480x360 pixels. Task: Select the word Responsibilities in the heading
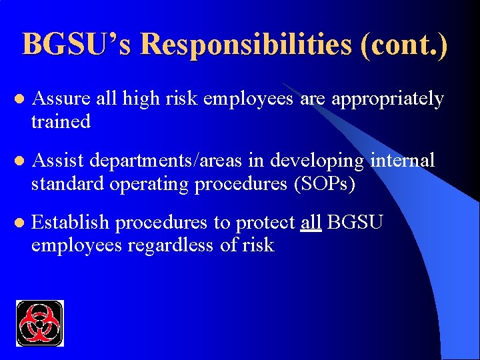pos(246,45)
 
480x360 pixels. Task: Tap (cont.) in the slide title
pos(404,45)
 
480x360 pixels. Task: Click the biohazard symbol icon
pos(39,323)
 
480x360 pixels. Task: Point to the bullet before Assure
pos(19,100)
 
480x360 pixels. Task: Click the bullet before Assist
pos(19,161)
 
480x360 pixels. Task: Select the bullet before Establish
pos(19,223)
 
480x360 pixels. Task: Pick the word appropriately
pos(387,99)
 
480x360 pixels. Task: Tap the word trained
pos(61,121)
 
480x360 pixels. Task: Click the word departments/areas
pos(175,160)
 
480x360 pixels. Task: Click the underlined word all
pos(311,221)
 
